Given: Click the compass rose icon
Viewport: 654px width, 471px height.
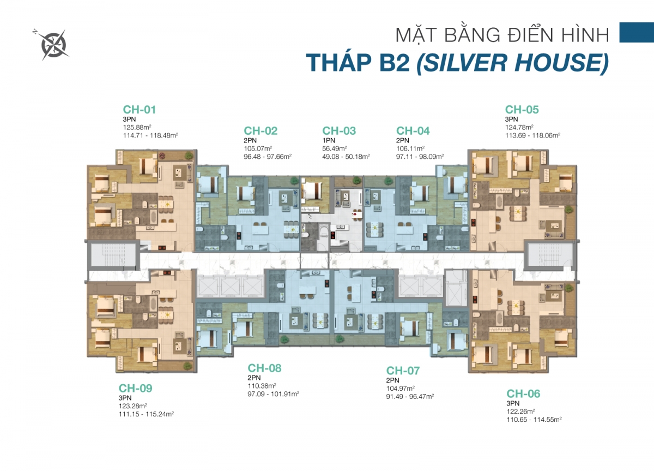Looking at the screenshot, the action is click(52, 44).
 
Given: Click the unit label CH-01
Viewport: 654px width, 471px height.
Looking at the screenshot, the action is click(140, 110).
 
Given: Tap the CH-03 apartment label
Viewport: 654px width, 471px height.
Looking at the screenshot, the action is click(339, 130).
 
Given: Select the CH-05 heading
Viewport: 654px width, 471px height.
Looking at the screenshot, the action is click(522, 110).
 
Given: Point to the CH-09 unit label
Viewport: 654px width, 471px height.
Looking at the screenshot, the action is click(135, 388).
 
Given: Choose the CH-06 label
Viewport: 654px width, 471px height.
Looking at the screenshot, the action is click(523, 394).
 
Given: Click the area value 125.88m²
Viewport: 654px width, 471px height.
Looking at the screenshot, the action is click(137, 127).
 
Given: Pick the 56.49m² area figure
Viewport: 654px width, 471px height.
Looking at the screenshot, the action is click(335, 148).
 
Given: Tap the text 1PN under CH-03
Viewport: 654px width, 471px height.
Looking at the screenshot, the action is click(329, 140).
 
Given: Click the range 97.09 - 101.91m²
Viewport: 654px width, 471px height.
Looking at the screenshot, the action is click(273, 394).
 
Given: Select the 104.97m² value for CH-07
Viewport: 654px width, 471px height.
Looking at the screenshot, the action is click(400, 388).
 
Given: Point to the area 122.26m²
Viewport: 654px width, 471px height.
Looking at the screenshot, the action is click(520, 412).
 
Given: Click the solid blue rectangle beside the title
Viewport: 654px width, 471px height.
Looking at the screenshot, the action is click(637, 32).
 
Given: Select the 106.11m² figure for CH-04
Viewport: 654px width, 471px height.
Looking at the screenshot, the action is click(410, 148).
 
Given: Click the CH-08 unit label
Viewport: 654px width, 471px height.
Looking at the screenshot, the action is click(264, 368).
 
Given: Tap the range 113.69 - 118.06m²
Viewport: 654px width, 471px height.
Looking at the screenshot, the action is click(533, 135).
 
